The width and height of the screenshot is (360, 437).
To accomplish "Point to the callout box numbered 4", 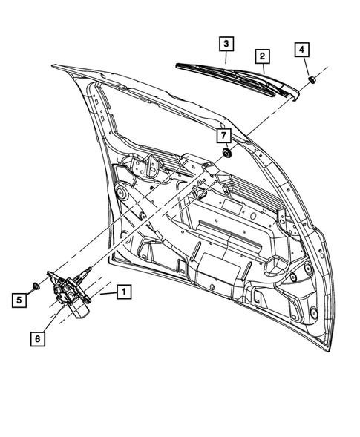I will pyautogui.click(x=301, y=50).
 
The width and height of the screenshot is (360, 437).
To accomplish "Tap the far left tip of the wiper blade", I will pyautogui.click(x=178, y=65).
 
